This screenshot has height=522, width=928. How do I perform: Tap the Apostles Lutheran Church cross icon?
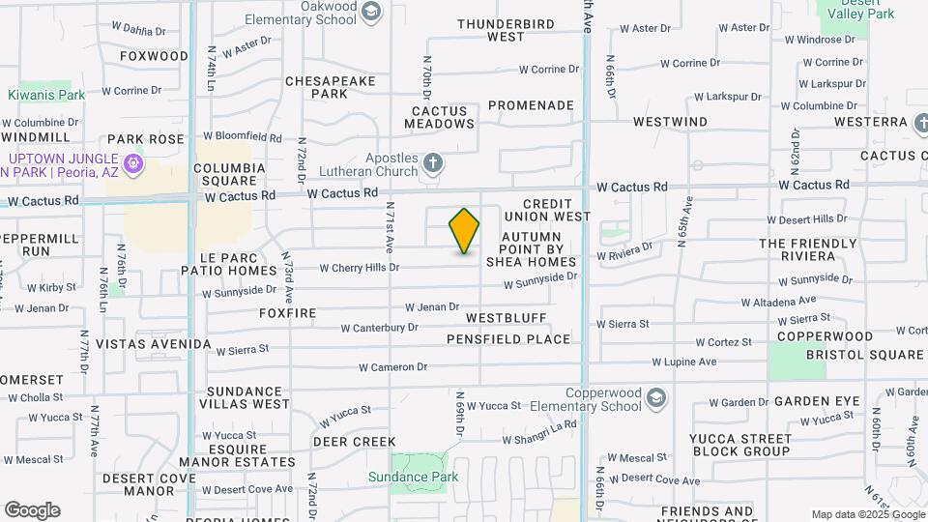(x=433, y=162)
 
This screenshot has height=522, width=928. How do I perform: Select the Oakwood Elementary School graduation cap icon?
(x=371, y=11)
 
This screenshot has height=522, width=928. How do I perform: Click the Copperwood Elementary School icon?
(x=656, y=398)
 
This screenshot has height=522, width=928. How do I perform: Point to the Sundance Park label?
(x=413, y=477)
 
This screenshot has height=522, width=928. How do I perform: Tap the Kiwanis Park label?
(x=46, y=95)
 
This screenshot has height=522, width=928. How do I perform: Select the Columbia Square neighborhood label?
(x=230, y=174)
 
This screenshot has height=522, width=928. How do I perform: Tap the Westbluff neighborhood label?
(x=506, y=317)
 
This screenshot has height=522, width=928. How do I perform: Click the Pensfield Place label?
(x=508, y=339)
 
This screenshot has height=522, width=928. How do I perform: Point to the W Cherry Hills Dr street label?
(x=359, y=267)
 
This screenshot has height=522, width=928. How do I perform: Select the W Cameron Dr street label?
(x=392, y=367)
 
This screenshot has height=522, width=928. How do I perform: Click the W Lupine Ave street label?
(x=683, y=362)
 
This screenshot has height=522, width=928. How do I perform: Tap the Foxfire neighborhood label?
(x=288, y=313)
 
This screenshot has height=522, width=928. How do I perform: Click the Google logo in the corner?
(x=32, y=510)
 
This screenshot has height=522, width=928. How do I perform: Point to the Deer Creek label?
(x=341, y=442)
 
